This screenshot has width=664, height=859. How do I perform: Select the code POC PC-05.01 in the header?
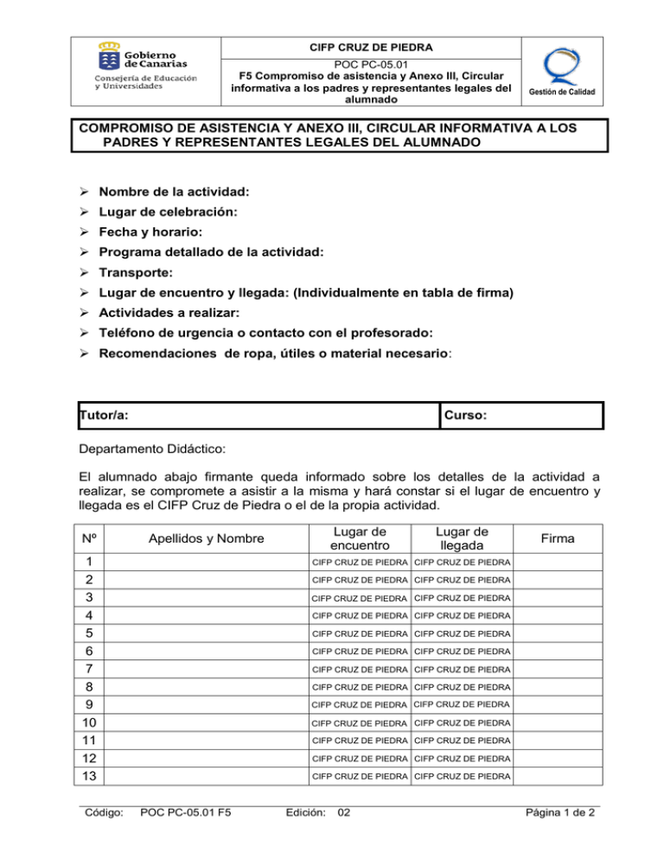371,62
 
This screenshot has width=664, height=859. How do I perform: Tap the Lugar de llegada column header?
463,539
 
